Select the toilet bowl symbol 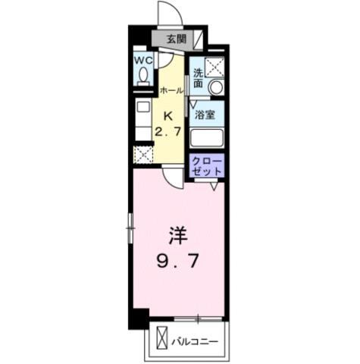142,75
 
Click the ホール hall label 170,90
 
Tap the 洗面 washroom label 198,78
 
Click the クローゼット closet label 207,167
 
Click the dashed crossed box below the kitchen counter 143,155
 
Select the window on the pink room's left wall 130,228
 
